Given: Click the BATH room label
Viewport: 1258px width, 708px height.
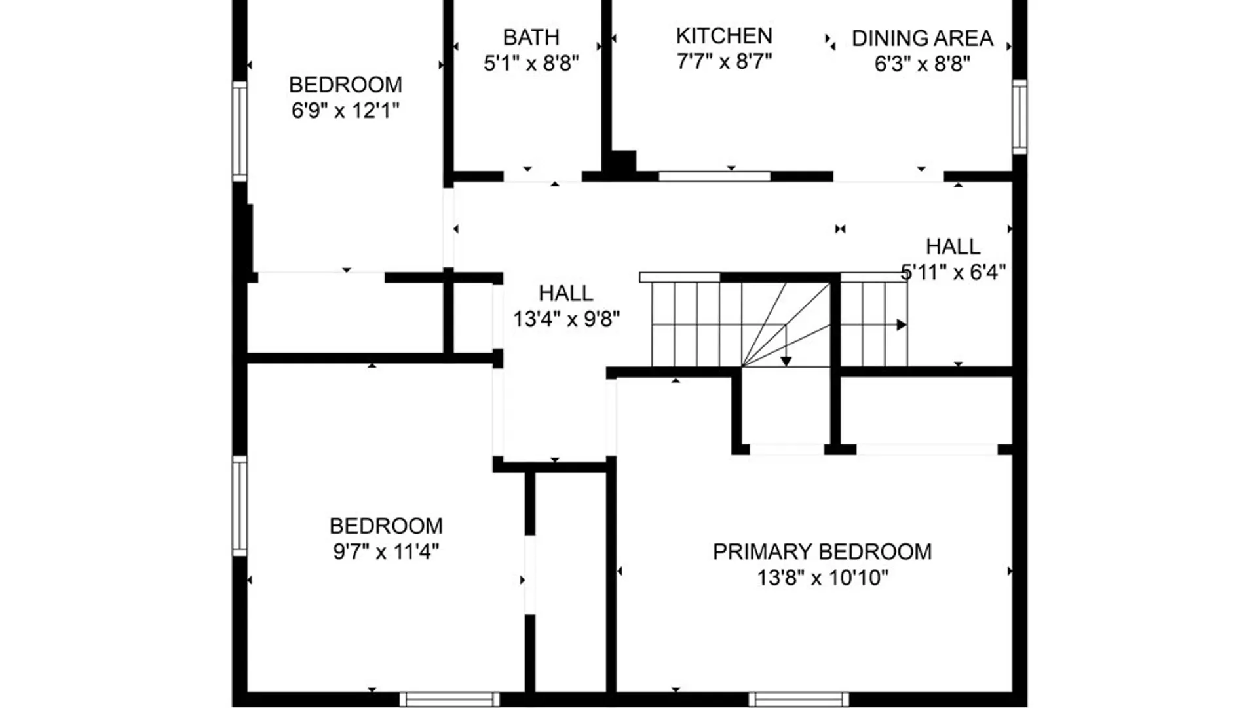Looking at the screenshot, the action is [531, 37].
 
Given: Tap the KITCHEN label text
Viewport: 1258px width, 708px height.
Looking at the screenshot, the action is [724, 35].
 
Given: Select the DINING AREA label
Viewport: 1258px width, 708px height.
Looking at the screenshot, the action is [923, 38].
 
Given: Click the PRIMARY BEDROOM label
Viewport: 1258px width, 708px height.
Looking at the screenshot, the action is [822, 551].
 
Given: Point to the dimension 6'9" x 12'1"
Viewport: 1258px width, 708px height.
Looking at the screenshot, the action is [345, 110].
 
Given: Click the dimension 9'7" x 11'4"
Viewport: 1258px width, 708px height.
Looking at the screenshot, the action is [386, 551].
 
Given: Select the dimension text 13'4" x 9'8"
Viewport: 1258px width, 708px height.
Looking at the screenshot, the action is [566, 319].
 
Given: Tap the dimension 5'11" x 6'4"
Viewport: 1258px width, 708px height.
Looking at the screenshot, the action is [953, 271].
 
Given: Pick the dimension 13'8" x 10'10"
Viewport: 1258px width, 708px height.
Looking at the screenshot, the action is [823, 578].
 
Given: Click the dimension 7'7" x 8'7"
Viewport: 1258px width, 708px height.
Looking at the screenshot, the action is [724, 61].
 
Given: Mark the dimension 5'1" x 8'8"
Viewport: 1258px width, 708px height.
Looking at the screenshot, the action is [531, 63].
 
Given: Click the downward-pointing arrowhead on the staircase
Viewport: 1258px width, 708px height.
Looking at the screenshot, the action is [786, 361].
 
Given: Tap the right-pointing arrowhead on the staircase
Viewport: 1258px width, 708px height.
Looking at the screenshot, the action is [902, 324].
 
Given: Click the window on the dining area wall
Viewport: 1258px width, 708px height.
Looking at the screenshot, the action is [1020, 117].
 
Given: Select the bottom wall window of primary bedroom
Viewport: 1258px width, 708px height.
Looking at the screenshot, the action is [799, 699].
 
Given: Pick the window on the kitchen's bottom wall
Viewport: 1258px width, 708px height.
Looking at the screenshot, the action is [714, 176].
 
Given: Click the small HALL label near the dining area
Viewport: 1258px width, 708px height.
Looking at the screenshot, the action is [953, 246].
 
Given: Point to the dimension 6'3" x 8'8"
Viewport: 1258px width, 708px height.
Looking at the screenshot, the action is [923, 64].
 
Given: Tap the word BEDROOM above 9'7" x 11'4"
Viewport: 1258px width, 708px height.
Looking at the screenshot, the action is [386, 526].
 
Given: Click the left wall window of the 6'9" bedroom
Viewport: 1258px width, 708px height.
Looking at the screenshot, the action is [240, 131].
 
